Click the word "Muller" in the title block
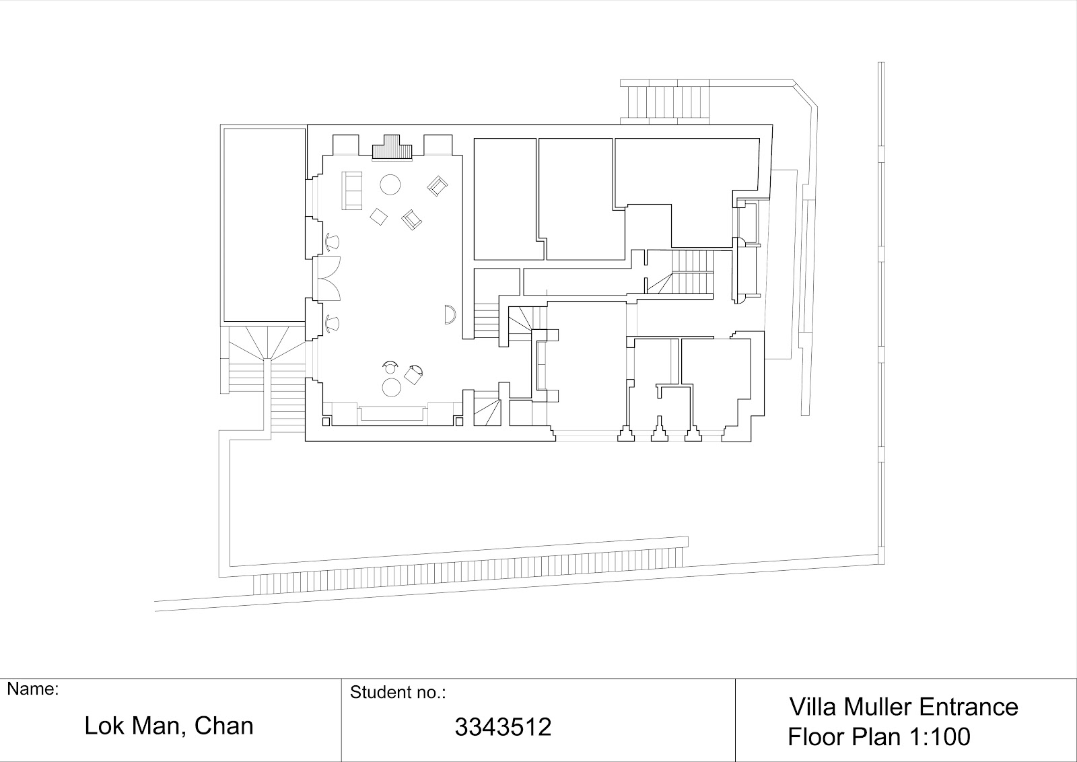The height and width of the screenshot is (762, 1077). point(878,707)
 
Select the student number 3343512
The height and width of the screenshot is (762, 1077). point(503,727)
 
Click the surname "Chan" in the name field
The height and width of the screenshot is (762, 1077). point(223,726)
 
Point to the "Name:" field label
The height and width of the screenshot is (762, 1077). point(33,689)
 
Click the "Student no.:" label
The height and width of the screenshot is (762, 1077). point(398,692)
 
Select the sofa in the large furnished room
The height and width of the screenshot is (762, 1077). point(351,191)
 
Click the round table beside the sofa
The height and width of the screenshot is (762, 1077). point(390,184)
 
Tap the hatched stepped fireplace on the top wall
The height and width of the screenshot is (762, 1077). point(393,147)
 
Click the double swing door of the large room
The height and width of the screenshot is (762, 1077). point(327,279)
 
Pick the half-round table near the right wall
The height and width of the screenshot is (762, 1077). point(450,314)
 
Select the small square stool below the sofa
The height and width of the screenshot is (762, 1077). point(379,216)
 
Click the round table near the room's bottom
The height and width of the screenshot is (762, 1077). point(391,387)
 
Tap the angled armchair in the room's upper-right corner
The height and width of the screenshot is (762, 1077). point(438,186)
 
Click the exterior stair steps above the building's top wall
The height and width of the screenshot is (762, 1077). point(664,102)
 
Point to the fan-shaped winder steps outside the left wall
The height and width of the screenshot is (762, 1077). point(266,343)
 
